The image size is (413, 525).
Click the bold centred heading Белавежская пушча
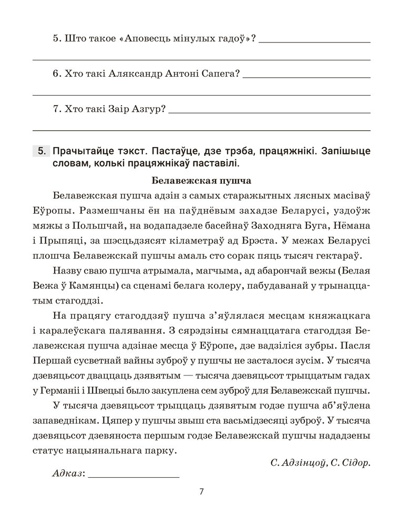pyautogui.click(x=201, y=181)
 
